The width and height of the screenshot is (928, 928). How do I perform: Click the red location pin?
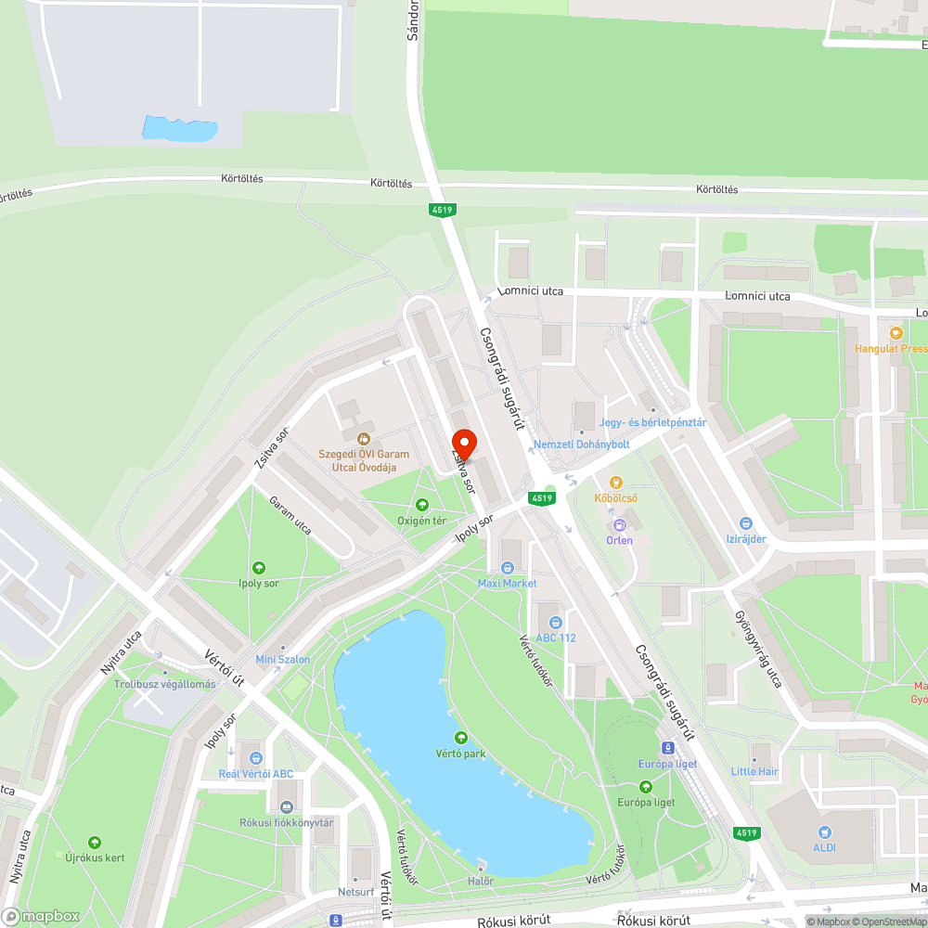[x=464, y=444]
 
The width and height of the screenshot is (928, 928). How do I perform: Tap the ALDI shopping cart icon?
[x=824, y=832]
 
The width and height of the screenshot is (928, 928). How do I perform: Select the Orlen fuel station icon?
[x=619, y=525]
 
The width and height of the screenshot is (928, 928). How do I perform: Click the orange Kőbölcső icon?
[x=614, y=483]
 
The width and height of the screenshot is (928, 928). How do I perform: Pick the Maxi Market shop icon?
[x=507, y=568]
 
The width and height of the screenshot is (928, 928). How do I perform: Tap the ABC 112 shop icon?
[x=555, y=622]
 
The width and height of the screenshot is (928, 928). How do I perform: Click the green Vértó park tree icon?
[x=461, y=738]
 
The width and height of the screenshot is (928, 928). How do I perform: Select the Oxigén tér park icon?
[x=422, y=505]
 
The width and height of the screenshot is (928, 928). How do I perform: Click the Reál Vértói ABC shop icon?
[x=255, y=758]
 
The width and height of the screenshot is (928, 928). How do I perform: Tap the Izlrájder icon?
[x=746, y=523]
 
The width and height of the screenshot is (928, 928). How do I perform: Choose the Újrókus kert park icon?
[x=93, y=843]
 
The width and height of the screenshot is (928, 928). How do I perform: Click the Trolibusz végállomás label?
[x=164, y=684]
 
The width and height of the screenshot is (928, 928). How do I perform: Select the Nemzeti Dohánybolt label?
[x=582, y=445]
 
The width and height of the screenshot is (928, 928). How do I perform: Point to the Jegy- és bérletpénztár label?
[x=653, y=422]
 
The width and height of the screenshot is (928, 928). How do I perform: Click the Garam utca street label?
[x=290, y=516]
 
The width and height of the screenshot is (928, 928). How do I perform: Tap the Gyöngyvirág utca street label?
[x=760, y=650]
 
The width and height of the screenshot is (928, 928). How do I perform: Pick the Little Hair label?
[x=754, y=771]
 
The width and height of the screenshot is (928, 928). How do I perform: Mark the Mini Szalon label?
[x=283, y=659]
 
